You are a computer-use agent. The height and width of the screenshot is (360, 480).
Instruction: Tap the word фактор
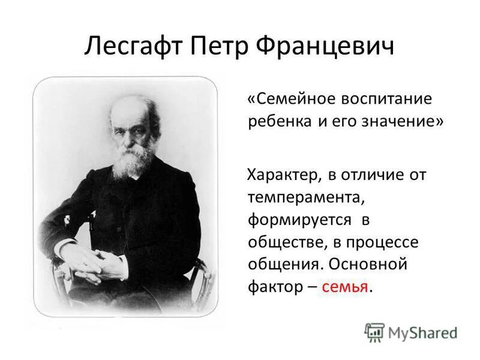[274, 286]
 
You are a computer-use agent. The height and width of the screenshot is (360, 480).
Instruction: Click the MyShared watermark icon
[374, 332]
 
